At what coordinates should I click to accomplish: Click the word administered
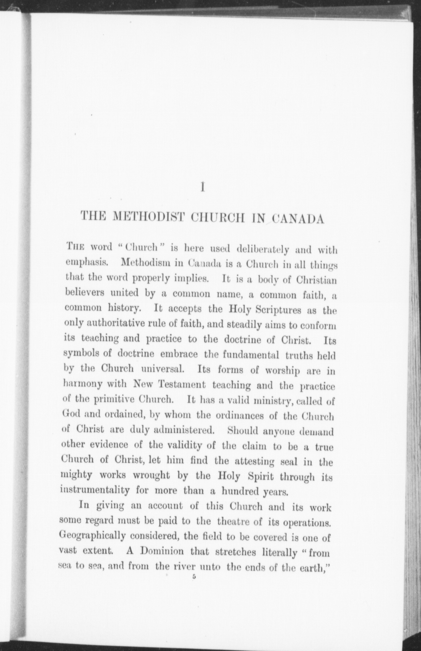(183, 430)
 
